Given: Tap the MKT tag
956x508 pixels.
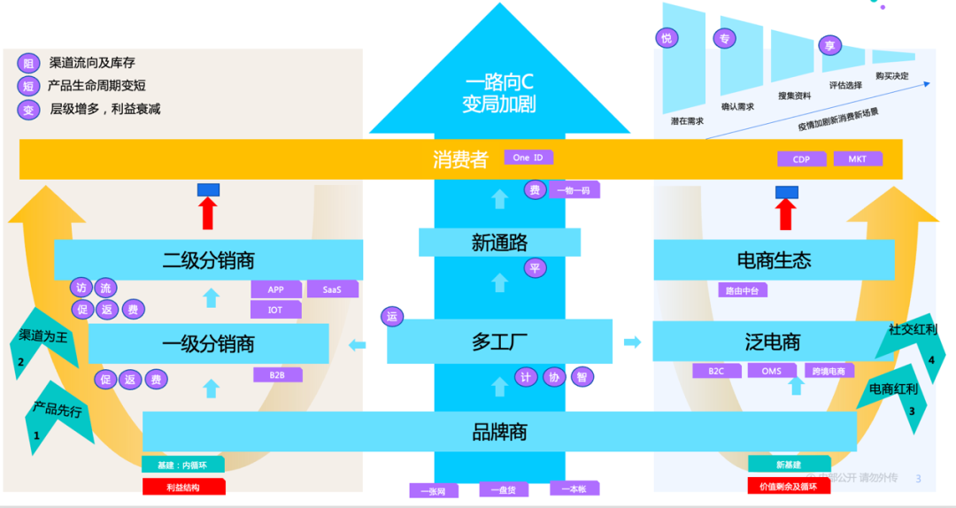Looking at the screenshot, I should [x=858, y=158].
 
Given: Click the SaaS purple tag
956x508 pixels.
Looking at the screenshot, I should [x=332, y=289].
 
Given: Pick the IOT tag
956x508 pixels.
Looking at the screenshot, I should [x=275, y=310].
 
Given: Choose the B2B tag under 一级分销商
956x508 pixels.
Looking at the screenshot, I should [x=277, y=374].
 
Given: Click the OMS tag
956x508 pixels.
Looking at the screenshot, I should [x=771, y=371].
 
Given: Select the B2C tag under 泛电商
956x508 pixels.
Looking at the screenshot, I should [x=715, y=371].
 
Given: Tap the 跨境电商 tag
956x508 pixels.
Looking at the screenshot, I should [x=829, y=371].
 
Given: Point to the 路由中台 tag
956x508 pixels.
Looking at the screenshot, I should [x=742, y=289].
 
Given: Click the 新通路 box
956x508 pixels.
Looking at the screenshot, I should [x=499, y=242].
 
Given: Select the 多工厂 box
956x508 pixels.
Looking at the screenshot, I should [x=499, y=342].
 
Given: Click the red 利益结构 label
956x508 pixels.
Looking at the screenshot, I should [x=183, y=487].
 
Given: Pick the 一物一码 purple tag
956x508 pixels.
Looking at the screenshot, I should [x=574, y=189].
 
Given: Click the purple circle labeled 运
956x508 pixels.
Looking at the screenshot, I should [x=392, y=317].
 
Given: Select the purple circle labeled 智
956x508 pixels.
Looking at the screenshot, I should [x=582, y=377].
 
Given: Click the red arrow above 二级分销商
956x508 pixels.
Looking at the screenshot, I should [x=208, y=212].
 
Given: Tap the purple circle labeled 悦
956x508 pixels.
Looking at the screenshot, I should [x=666, y=38].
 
